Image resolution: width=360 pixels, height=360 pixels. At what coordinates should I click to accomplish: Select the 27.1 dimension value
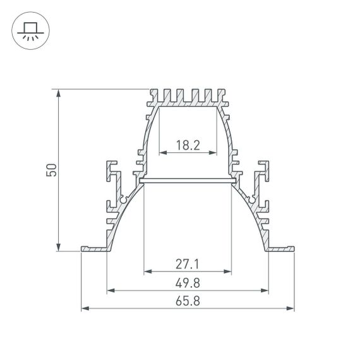[x=188, y=263]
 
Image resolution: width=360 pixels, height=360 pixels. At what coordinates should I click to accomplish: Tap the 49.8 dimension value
[x=188, y=282]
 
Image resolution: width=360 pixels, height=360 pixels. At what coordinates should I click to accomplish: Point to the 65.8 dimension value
[x=188, y=301]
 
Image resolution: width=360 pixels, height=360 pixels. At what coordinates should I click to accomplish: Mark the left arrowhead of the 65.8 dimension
[x=85, y=309]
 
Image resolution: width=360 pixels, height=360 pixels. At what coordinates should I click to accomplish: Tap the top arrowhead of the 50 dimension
[x=59, y=92]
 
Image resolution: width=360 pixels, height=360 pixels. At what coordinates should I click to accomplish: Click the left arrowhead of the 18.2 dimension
[x=160, y=152]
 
